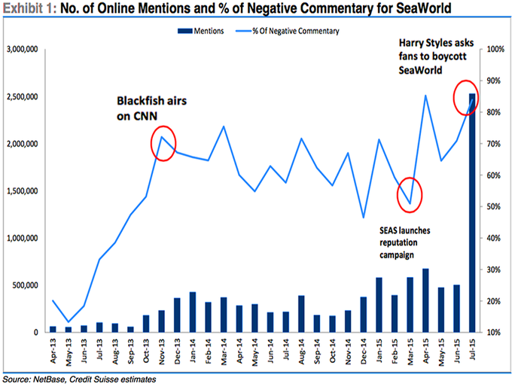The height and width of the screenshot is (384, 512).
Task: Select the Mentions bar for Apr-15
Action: click(x=425, y=300)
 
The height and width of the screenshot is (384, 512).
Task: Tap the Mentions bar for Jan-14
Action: click(x=192, y=312)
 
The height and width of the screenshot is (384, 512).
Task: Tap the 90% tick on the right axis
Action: click(x=495, y=81)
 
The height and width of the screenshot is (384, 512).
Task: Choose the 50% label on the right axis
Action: click(x=495, y=206)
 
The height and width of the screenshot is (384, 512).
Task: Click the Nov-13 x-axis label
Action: click(x=162, y=350)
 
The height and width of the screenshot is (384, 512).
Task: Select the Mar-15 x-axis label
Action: click(x=410, y=350)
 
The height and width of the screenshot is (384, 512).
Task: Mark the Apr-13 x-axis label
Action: click(x=53, y=350)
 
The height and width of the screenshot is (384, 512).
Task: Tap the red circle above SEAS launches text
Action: click(x=410, y=194)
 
